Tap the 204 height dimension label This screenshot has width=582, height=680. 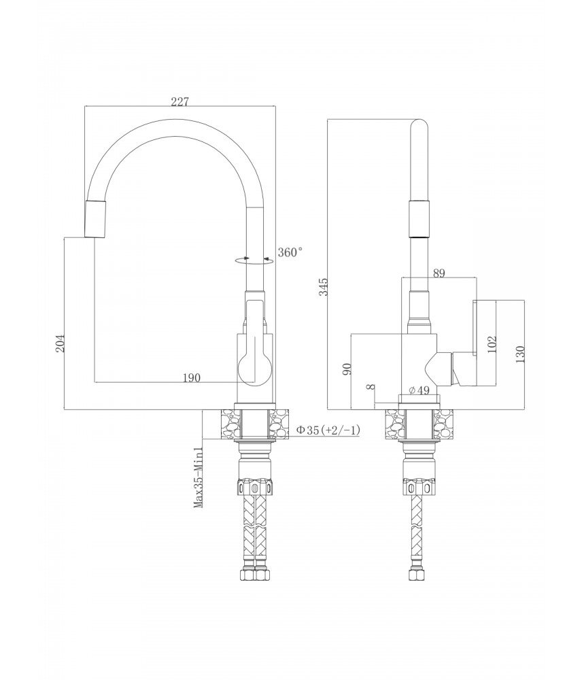click(61, 343)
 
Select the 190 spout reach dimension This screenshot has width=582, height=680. click(191, 377)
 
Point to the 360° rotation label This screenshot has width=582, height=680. click(290, 252)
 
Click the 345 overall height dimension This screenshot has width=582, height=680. click(324, 287)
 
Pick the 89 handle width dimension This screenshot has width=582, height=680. click(439, 273)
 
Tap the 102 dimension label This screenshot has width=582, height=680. click(492, 344)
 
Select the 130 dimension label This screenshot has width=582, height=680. click(520, 354)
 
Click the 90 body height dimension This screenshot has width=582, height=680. click(347, 369)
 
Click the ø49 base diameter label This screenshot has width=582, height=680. click(419, 390)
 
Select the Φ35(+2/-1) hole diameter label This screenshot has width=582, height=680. click(328, 430)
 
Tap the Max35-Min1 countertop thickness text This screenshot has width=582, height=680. click(199, 477)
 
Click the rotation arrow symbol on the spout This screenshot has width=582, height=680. click(254, 260)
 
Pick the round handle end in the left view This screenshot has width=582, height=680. click(254, 368)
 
